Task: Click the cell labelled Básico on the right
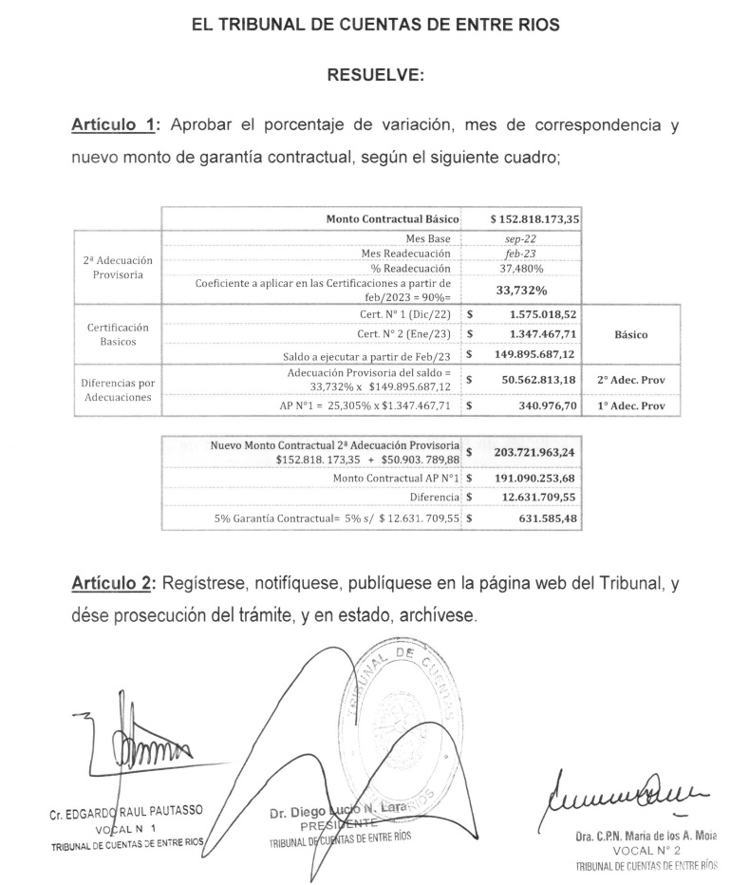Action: coord(631,334)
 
